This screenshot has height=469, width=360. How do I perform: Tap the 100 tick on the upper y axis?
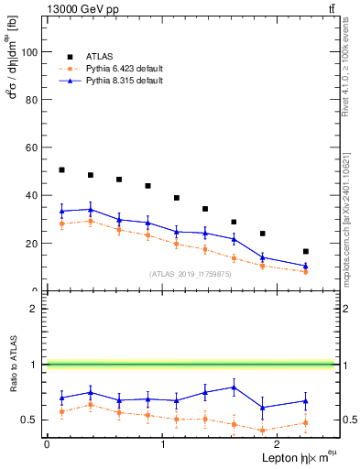[x=30, y=52]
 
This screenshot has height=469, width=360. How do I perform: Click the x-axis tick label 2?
[x=278, y=444]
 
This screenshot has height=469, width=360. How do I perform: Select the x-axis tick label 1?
[x=163, y=444]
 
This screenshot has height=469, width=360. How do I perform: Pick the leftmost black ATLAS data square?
[x=61, y=169]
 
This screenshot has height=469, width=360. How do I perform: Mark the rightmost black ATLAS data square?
[x=306, y=251]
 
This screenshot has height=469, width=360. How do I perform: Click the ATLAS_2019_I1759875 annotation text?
[x=189, y=273]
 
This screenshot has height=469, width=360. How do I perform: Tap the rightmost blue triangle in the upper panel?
[x=306, y=266]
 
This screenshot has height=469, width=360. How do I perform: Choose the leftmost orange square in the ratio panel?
[x=61, y=411]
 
